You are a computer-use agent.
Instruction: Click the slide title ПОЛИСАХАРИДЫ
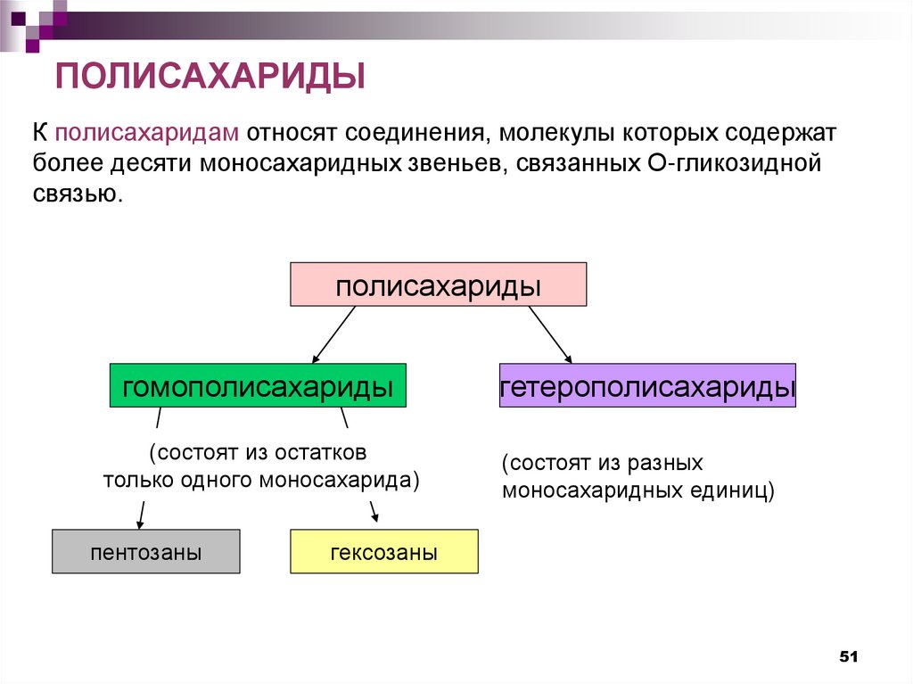point(211,75)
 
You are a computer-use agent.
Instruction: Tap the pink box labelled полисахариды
point(438,285)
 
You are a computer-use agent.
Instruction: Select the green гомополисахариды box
point(258,387)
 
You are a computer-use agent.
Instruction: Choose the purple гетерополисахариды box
point(647,387)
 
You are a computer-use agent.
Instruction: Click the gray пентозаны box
point(145,552)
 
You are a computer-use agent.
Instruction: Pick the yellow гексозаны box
point(383,552)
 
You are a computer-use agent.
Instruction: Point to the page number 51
point(848,657)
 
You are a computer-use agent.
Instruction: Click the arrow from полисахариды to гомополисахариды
point(334,334)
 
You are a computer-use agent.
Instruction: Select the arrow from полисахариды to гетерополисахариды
point(550,334)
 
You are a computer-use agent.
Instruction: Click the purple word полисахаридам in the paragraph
point(146,134)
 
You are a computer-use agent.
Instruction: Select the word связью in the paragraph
point(77,194)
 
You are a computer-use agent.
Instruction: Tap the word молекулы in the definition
point(552,134)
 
